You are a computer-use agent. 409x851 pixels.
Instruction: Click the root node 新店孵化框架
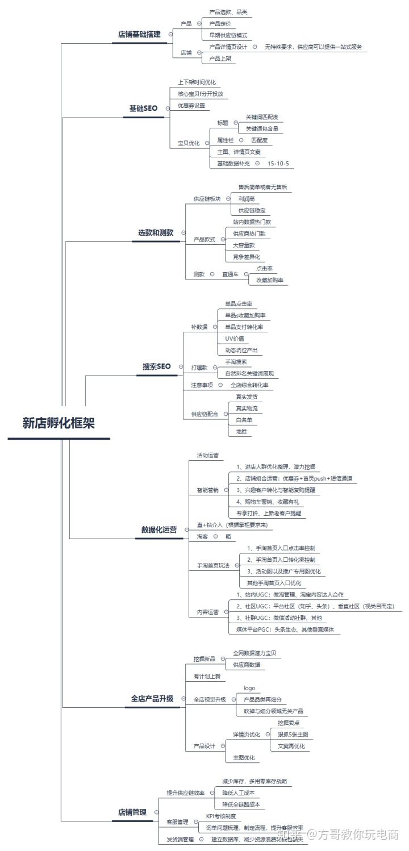(x=59, y=423)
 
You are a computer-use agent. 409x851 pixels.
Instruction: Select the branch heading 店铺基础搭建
(x=139, y=34)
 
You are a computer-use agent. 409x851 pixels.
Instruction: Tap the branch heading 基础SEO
(x=143, y=108)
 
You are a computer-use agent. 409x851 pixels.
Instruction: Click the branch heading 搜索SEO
(x=156, y=366)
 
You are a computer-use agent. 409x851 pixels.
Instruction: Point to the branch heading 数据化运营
(x=159, y=529)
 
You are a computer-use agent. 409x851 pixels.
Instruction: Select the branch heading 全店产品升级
(x=153, y=698)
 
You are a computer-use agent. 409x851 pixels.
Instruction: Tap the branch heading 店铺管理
(x=132, y=812)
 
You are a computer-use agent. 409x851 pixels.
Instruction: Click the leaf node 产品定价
(x=220, y=23)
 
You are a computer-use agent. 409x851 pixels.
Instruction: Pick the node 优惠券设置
(x=191, y=106)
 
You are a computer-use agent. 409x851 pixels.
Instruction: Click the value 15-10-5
(x=278, y=164)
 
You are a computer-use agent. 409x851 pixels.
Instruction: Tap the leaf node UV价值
(x=235, y=339)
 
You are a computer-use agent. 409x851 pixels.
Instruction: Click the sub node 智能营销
(x=207, y=490)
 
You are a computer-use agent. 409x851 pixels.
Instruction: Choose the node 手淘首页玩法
(x=213, y=566)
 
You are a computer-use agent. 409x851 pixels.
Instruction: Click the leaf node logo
(x=249, y=689)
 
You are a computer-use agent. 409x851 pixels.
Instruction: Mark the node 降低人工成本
(x=239, y=792)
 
